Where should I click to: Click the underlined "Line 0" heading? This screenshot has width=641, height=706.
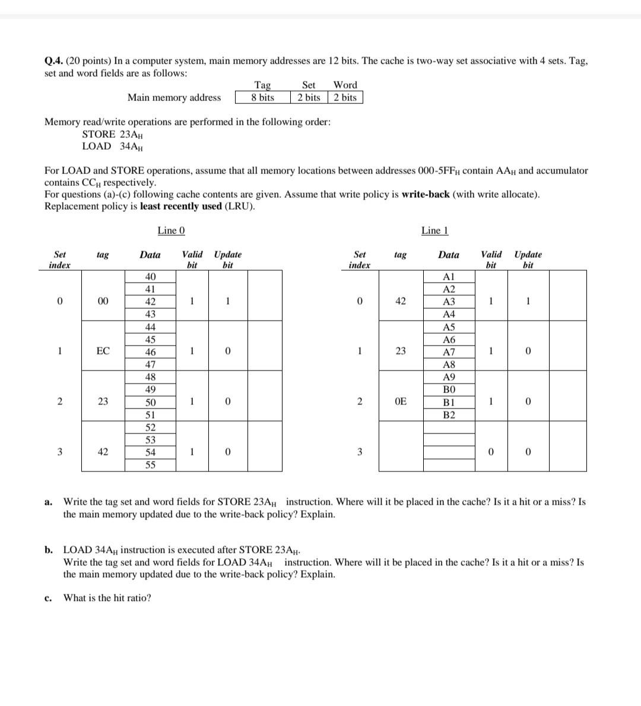[x=171, y=230]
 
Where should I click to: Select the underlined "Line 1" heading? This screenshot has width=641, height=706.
[x=434, y=230]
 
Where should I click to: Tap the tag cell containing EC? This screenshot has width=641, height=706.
[x=103, y=351]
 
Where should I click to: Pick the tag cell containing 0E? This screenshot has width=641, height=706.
[x=401, y=401]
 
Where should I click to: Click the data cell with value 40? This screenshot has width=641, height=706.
[x=151, y=277]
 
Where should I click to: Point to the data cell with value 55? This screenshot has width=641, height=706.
[x=151, y=465]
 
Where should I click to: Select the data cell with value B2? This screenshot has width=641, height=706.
[x=449, y=414]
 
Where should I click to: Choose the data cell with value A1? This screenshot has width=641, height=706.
[x=449, y=277]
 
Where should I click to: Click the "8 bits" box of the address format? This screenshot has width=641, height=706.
[x=262, y=97]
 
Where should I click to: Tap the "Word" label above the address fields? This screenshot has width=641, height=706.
[x=345, y=85]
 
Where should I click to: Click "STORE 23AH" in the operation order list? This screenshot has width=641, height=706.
[x=112, y=134]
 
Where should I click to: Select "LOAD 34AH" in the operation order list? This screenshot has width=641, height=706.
[x=112, y=146]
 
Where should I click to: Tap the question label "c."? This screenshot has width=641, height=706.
[x=48, y=598]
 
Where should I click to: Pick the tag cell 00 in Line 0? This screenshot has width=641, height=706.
[x=103, y=301]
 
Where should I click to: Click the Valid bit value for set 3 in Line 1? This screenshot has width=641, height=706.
[x=490, y=452]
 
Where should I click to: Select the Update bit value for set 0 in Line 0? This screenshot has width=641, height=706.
[x=227, y=301]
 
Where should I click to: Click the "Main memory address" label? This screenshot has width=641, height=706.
[x=174, y=97]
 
